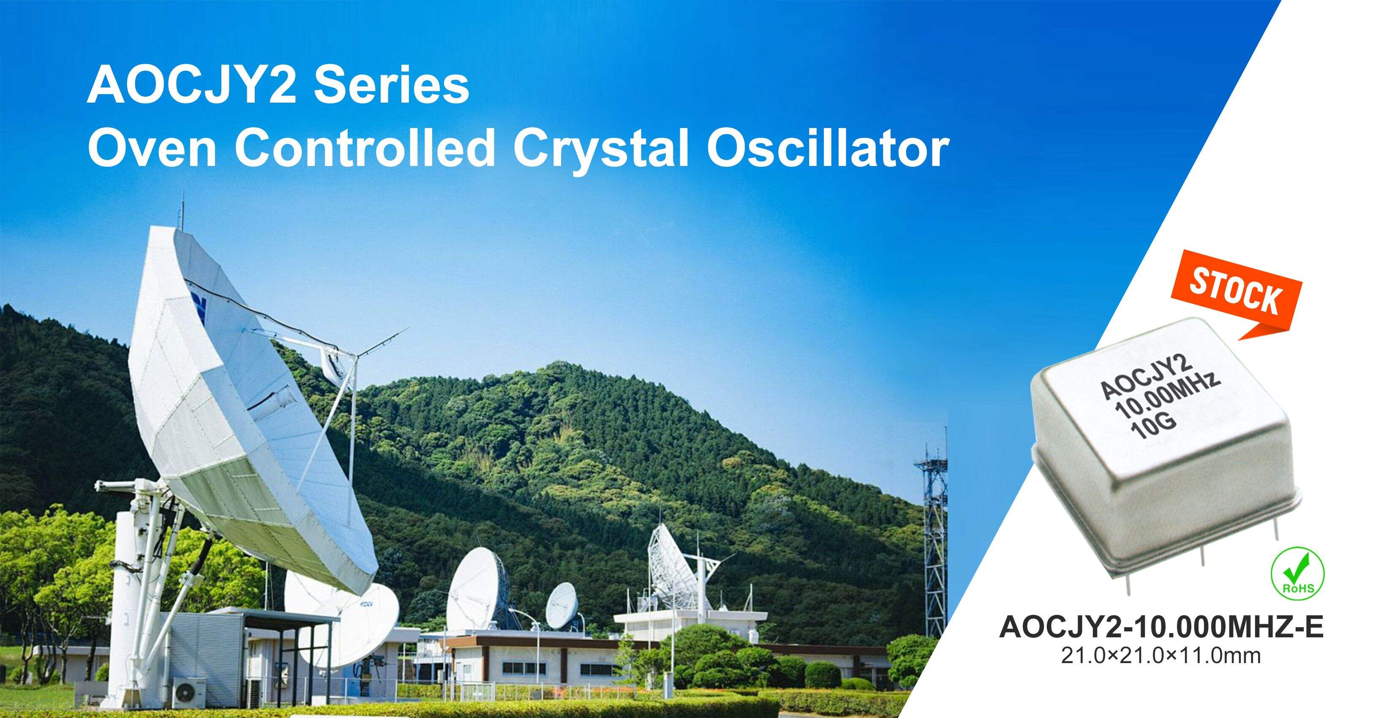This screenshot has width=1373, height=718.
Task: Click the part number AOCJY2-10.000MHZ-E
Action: tap(1161, 627)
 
